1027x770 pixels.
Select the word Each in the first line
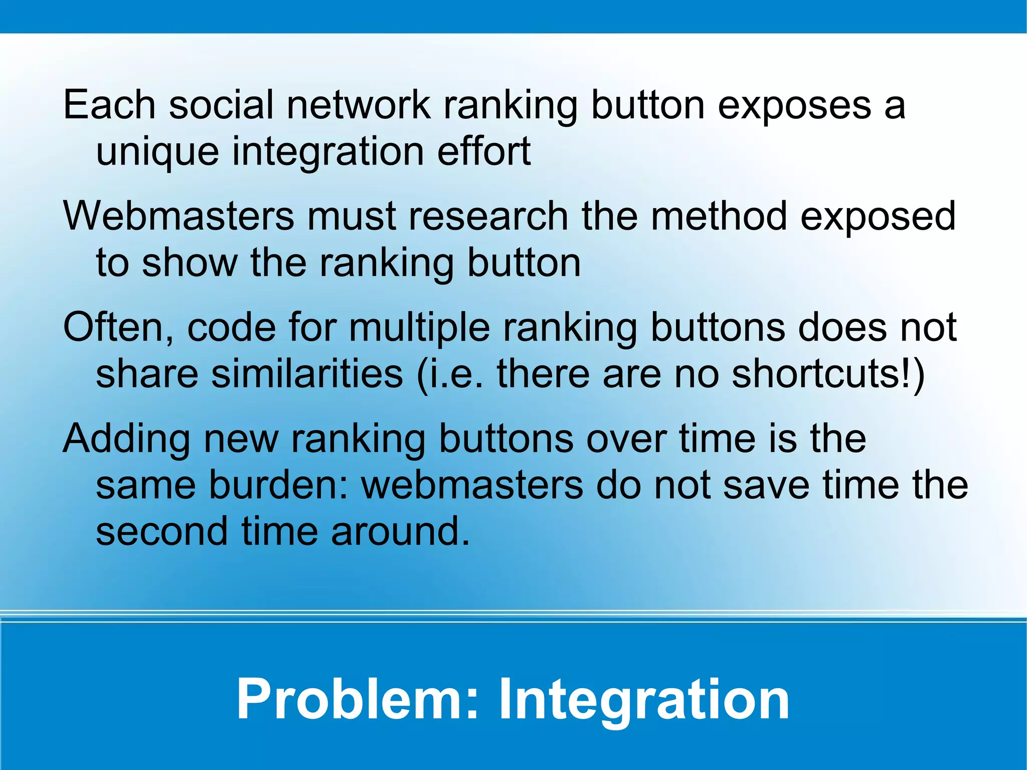click(x=109, y=105)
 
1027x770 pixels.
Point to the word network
click(x=359, y=105)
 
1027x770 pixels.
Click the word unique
click(x=157, y=152)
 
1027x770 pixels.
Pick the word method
click(x=719, y=216)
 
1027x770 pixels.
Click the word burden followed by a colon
click(x=278, y=485)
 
